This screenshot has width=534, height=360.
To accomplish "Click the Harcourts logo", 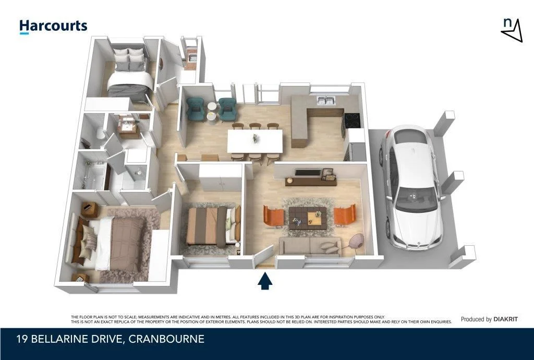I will click(x=53, y=26).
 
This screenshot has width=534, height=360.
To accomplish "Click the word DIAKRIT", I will click(x=506, y=319).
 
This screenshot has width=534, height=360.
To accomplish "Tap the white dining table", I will click(x=255, y=140).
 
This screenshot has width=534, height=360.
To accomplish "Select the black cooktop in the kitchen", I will click(x=350, y=119).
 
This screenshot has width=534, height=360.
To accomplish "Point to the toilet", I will click(x=99, y=134).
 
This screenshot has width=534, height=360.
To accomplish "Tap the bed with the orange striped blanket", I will click(x=211, y=226).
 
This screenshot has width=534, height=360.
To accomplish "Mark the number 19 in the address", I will click(x=21, y=340).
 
